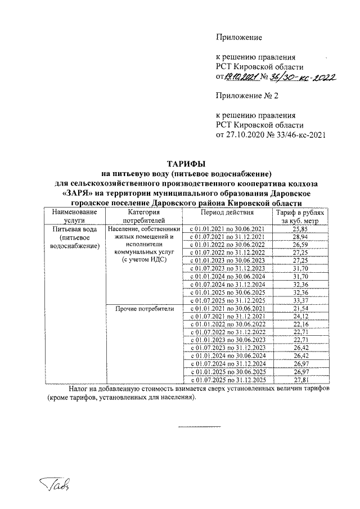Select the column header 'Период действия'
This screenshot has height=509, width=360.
[227, 213]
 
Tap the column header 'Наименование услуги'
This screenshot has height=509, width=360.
[70, 217]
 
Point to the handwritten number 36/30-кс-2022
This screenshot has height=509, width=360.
[298, 77]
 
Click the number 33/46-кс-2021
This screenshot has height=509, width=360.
[295, 135]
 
